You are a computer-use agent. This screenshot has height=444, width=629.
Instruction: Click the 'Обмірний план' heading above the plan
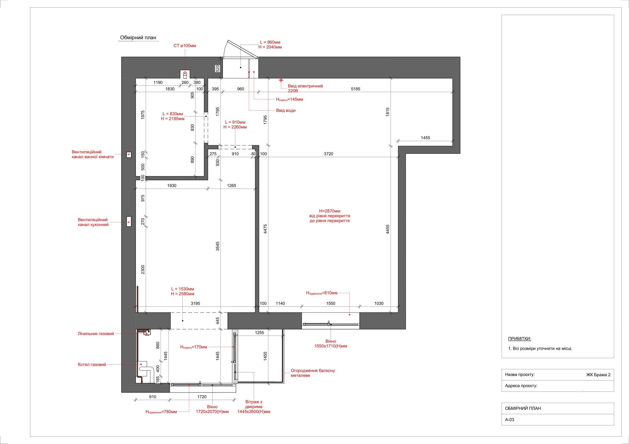coord(138,38)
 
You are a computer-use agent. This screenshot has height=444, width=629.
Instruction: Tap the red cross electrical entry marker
coord(281,80)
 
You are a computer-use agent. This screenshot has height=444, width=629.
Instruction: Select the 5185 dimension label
coord(356,89)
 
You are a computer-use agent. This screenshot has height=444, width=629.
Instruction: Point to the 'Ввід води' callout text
coord(286,111)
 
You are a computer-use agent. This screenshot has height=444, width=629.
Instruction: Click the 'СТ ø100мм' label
coord(185,46)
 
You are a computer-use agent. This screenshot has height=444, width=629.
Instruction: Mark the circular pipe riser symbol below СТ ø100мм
coord(185,74)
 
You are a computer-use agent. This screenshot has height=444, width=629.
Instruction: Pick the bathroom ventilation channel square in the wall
coord(129,155)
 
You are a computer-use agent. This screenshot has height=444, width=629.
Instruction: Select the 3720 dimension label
coord(329,154)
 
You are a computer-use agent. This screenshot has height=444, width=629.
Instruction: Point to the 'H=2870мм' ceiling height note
coord(329,211)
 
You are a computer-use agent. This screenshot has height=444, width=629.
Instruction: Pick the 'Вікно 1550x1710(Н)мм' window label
coord(331,344)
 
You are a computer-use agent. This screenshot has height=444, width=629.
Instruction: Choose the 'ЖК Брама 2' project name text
coord(598,375)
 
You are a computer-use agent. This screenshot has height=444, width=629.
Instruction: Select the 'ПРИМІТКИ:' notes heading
coord(519,339)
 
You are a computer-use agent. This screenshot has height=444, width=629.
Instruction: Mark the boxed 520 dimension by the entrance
coord(217,68)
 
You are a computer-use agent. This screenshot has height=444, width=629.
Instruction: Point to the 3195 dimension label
coord(195,303)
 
